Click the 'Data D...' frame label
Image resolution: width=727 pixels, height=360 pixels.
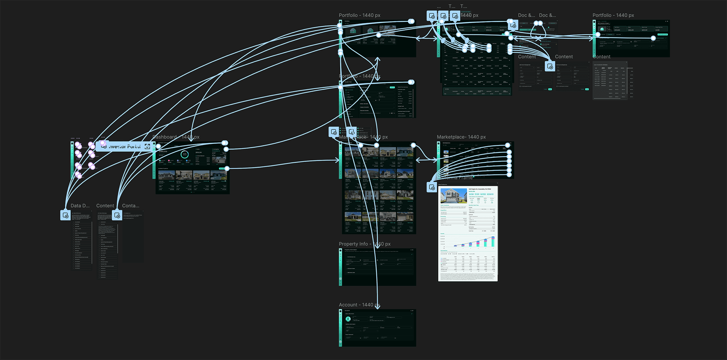click(80, 206)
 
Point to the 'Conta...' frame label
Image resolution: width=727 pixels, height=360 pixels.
click(131, 206)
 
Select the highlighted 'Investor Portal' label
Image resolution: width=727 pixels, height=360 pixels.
click(125, 146)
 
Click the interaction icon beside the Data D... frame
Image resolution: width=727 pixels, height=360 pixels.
click(66, 215)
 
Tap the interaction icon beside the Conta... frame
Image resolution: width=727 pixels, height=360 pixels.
click(117, 215)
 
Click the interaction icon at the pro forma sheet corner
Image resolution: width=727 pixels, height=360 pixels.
click(432, 187)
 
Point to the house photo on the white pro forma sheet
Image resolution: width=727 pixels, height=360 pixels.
click(454, 196)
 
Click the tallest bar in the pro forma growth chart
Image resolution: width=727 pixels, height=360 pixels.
click(493, 242)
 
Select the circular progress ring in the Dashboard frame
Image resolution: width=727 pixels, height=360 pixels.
click(184, 154)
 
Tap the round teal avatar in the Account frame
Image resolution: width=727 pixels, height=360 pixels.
click(348, 319)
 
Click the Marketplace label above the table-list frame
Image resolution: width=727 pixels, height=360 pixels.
click(461, 137)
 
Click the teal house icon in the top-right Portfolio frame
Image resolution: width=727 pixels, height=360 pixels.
click(602, 29)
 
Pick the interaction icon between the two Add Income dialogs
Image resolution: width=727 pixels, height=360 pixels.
click(550, 67)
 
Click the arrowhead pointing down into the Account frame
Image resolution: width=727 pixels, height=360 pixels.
click(377, 307)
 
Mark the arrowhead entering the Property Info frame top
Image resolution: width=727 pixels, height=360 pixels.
click(377, 246)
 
